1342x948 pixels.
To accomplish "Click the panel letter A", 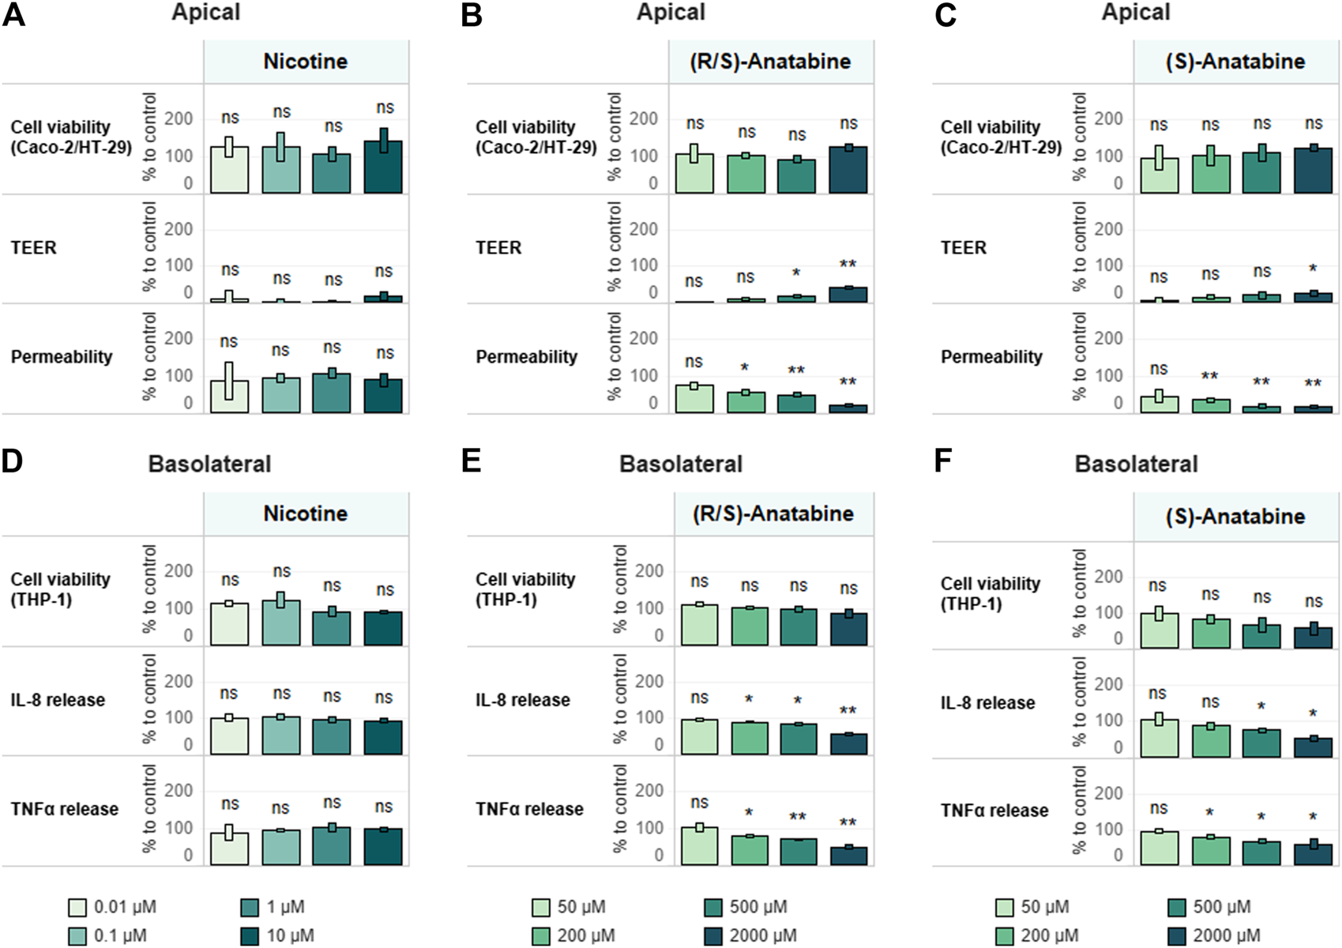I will coord(13,15).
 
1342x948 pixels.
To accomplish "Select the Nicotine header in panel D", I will coord(306,513).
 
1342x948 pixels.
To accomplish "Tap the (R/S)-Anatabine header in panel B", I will coord(771,62).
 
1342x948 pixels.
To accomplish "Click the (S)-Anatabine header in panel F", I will coord(1235,517).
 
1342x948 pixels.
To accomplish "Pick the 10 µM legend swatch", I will coord(250,935).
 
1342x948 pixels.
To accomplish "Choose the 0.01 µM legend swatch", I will coord(77,907).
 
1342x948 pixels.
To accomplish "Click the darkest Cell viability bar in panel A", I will coord(383,167).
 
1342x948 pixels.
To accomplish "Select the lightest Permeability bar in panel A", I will coord(229,397).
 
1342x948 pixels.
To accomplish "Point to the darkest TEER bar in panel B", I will coord(848,295).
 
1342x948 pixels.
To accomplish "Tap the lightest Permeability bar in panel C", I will coord(1159,404).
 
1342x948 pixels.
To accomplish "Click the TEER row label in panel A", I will coord(34,248).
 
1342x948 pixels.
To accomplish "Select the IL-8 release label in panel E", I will coord(523,700).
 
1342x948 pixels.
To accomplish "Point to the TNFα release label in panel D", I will coord(65,809).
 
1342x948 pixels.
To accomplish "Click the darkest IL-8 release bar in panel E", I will coord(849,744).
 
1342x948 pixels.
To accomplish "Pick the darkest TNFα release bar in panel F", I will coord(1313,856).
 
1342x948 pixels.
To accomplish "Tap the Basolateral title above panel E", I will coord(680,464).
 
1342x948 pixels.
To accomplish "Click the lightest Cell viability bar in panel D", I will coord(229,624).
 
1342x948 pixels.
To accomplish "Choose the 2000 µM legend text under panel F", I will coord(1227,935).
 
